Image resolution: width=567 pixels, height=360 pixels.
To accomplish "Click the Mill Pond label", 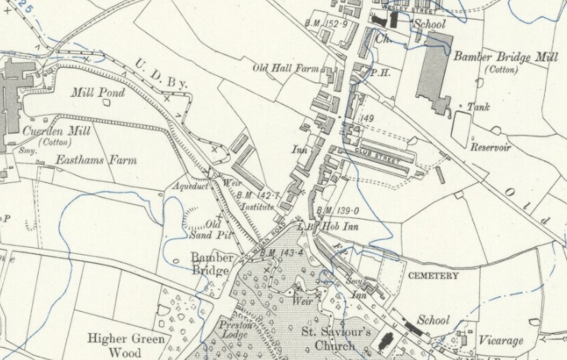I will [x=92, y=93].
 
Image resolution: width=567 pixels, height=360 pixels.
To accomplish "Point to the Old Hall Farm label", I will [x=285, y=69].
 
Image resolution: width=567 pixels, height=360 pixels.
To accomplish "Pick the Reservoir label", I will [x=491, y=147].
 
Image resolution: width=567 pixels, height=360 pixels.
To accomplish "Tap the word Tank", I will [x=479, y=108].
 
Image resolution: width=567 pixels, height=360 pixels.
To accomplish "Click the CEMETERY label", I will [x=433, y=275].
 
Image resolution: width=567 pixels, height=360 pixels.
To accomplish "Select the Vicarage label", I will [x=501, y=340].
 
